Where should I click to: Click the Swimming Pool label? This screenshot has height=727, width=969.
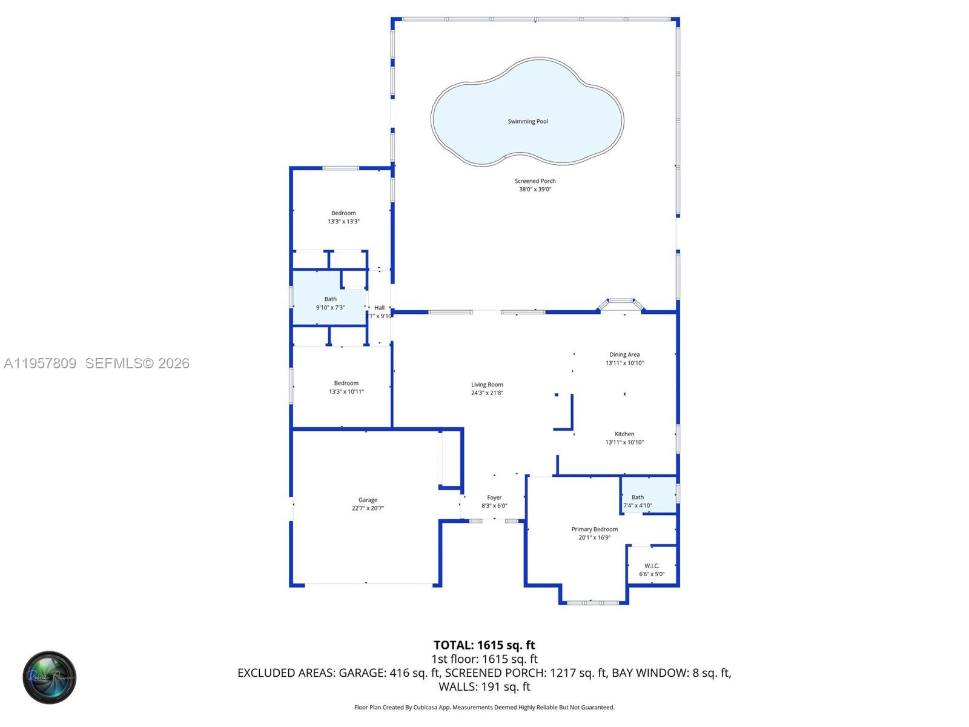tap(527, 122)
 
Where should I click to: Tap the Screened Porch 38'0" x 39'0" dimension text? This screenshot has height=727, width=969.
tap(535, 190)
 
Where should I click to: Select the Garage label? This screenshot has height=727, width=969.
tap(368, 500)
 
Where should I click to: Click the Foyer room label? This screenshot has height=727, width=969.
tap(494, 498)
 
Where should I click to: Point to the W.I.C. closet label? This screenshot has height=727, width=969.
tap(652, 566)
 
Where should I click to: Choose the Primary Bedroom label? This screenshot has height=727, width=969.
tap(594, 529)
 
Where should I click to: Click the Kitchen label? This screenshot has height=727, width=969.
tap(624, 434)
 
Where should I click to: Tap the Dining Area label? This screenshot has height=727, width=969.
tap(624, 355)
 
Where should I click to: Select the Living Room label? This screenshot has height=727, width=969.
tap(487, 385)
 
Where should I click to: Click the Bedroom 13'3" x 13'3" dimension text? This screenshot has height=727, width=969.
tap(343, 222)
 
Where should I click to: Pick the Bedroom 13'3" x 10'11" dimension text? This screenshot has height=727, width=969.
tap(346, 392)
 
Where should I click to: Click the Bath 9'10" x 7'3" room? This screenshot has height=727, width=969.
tap(330, 303)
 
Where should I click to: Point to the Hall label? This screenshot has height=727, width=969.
tap(379, 308)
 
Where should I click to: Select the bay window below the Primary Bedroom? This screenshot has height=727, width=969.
tap(593, 602)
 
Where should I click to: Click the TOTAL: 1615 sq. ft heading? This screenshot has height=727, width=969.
tap(484, 645)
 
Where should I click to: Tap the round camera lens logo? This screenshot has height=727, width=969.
tap(50, 677)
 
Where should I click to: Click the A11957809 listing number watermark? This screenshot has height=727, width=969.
tap(40, 363)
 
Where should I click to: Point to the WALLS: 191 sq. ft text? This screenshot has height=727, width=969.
tap(484, 687)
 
